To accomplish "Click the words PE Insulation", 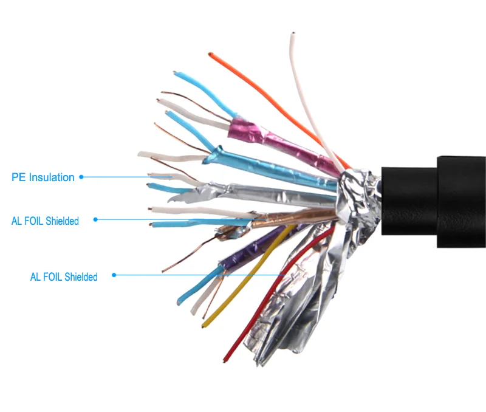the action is pos(43,177).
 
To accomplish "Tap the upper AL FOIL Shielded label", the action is pos(45,221).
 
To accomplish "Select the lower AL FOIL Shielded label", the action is pos(64,277).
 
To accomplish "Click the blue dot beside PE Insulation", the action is pos(81,177).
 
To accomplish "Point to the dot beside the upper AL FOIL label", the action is pos(95,219).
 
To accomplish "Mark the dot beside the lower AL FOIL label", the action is pos(114,275).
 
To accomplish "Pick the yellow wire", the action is pos(255,267).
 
